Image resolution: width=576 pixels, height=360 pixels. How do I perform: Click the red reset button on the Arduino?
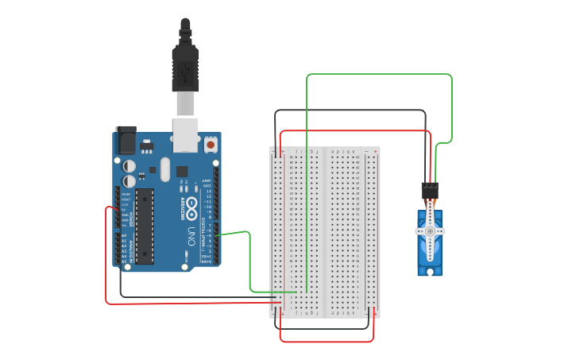pyautogui.click(x=211, y=145)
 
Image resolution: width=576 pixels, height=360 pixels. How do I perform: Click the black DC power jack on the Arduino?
pyautogui.click(x=126, y=139)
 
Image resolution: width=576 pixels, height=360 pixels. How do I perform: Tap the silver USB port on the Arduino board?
pyautogui.click(x=185, y=134)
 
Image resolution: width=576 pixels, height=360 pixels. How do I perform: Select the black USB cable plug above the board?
pyautogui.click(x=185, y=68)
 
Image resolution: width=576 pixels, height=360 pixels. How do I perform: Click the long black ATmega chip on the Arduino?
pyautogui.click(x=144, y=226)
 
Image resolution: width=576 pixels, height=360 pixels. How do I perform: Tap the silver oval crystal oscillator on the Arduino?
pyautogui.click(x=164, y=168)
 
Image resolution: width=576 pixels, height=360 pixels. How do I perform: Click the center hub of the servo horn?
pyautogui.click(x=430, y=231)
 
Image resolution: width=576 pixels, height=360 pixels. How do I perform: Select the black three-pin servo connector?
pyautogui.click(x=430, y=191)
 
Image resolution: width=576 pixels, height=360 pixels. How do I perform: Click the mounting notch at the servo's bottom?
pyautogui.click(x=430, y=272)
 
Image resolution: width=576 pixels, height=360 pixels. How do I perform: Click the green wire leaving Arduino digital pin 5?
pyautogui.click(x=234, y=233)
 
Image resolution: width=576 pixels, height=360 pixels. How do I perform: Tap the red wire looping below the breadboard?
pyautogui.click(x=326, y=342)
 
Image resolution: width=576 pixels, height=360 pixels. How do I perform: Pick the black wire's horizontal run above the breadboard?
pyautogui.click(x=350, y=110)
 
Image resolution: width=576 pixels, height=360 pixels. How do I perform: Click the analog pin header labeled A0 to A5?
pyautogui.click(x=118, y=248)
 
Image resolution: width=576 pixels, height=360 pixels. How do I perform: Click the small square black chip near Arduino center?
pyautogui.click(x=182, y=171)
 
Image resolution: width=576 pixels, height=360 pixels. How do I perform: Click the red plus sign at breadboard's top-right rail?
pyautogui.click(x=374, y=150)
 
